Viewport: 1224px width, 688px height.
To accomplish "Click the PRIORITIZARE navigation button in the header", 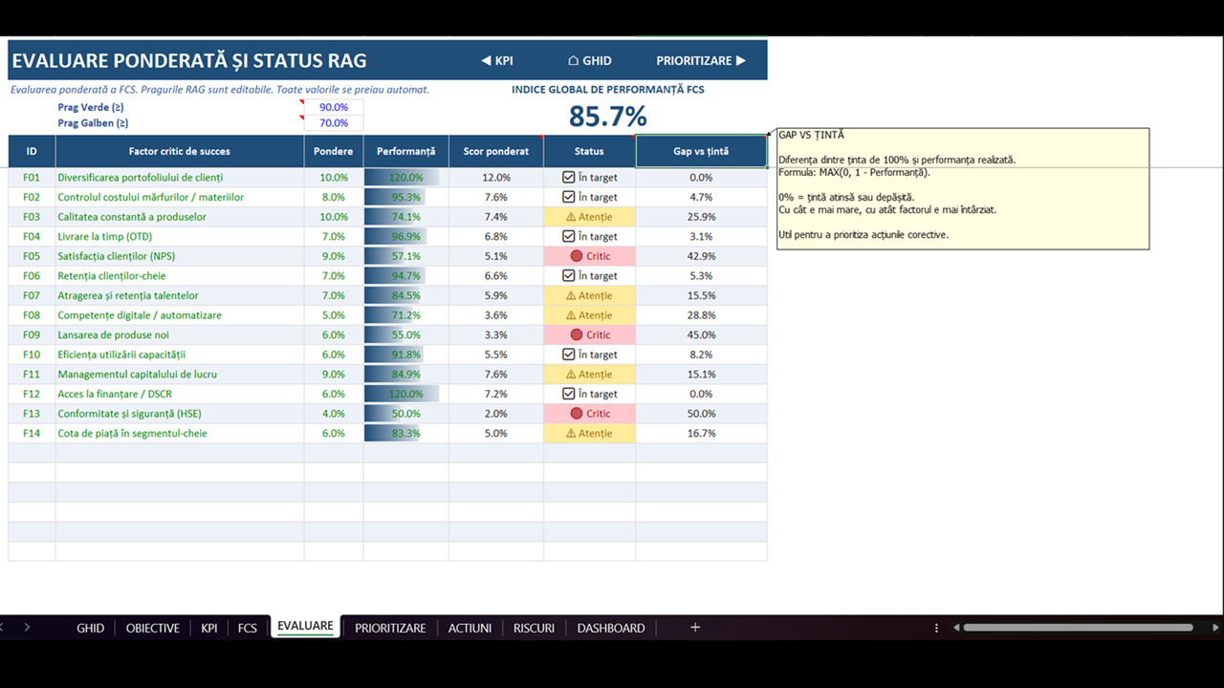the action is coord(701,60).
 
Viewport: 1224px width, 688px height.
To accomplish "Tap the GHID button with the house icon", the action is coord(590,60).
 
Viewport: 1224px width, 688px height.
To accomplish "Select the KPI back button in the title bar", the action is coord(496,60).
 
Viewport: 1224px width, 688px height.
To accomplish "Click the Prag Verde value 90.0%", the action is coord(334,108).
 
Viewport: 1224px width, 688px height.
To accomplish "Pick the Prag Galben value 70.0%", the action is coord(334,123).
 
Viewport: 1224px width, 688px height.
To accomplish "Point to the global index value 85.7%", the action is coord(607,117).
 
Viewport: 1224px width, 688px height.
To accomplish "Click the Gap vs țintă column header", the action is coord(701,151).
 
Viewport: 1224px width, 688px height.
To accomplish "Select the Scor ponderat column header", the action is coord(495,151).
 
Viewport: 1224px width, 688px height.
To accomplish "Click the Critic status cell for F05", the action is coord(590,256).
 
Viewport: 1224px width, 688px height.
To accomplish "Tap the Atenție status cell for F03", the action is coord(590,217).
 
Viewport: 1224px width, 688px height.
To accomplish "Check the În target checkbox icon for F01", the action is coord(568,178).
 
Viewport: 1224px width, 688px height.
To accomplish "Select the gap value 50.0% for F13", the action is coord(701,414).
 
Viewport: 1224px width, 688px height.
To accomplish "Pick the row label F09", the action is coord(32,334).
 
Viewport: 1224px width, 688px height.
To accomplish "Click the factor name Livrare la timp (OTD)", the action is coord(105,236).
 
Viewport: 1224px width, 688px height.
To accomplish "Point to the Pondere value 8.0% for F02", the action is coord(334,197).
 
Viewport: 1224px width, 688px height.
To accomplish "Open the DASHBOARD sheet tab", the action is coord(611,628).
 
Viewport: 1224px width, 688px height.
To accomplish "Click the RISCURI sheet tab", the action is coord(534,628).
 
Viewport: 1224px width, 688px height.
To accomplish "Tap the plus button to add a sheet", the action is coord(695,628).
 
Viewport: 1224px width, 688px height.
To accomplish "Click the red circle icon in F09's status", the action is coord(576,334).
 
